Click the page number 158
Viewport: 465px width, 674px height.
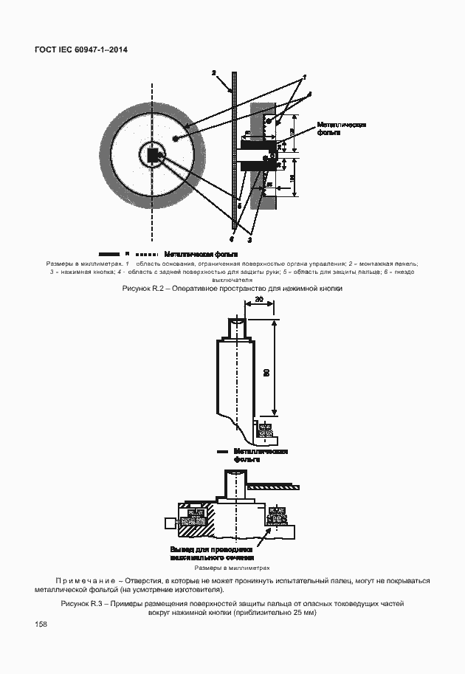pyautogui.click(x=41, y=625)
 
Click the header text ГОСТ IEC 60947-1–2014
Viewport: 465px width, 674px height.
pyautogui.click(x=80, y=50)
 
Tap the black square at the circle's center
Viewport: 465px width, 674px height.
pyautogui.click(x=154, y=156)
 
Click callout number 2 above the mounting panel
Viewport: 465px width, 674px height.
pyautogui.click(x=213, y=73)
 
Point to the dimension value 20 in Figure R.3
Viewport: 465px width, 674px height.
pyautogui.click(x=259, y=298)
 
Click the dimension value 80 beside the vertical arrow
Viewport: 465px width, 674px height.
pyautogui.click(x=266, y=374)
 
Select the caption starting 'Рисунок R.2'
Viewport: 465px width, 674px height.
pyautogui.click(x=232, y=289)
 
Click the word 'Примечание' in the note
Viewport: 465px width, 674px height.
pyautogui.click(x=85, y=581)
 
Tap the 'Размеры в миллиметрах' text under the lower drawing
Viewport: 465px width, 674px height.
pyautogui.click(x=232, y=568)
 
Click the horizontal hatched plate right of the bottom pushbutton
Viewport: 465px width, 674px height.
pyautogui.click(x=274, y=486)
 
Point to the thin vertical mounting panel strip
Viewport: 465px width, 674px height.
pyautogui.click(x=234, y=148)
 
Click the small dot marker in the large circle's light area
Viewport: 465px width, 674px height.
pyautogui.click(x=175, y=137)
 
